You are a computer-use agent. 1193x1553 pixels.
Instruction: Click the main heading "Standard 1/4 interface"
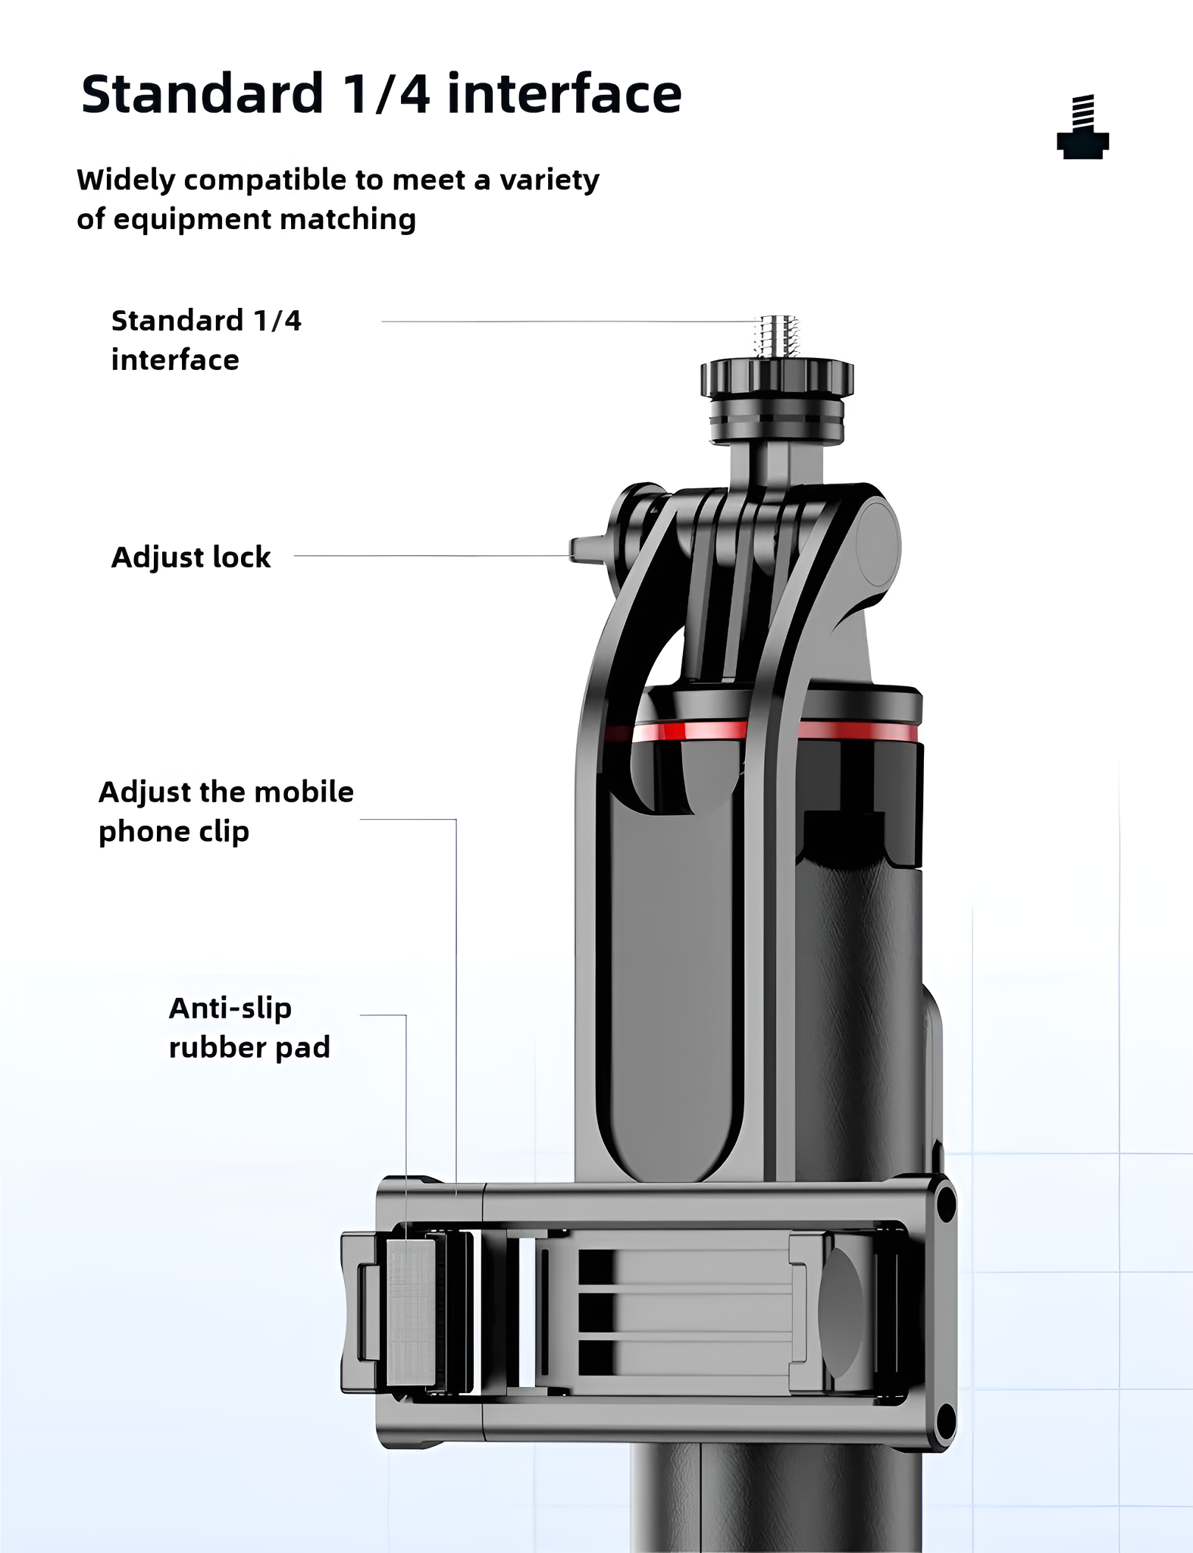[381, 94]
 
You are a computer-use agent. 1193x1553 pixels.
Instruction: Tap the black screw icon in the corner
[1083, 127]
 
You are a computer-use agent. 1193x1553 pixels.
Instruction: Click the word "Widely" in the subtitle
[126, 180]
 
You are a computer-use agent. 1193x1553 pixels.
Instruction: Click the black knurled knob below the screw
[777, 378]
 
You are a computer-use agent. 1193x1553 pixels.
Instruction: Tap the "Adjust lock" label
[191, 557]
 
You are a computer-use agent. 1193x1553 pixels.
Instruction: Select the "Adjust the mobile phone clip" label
[226, 811]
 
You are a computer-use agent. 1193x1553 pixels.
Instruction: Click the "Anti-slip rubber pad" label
[249, 1027]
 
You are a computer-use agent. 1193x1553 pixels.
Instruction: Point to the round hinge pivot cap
[878, 545]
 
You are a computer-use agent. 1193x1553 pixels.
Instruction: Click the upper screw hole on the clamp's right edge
[945, 1203]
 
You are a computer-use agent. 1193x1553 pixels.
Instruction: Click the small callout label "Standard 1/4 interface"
[206, 340]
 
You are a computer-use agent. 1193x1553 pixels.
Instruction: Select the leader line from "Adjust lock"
[432, 556]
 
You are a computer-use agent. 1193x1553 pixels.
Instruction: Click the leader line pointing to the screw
[568, 322]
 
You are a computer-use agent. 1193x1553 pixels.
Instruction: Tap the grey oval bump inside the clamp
[840, 1312]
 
